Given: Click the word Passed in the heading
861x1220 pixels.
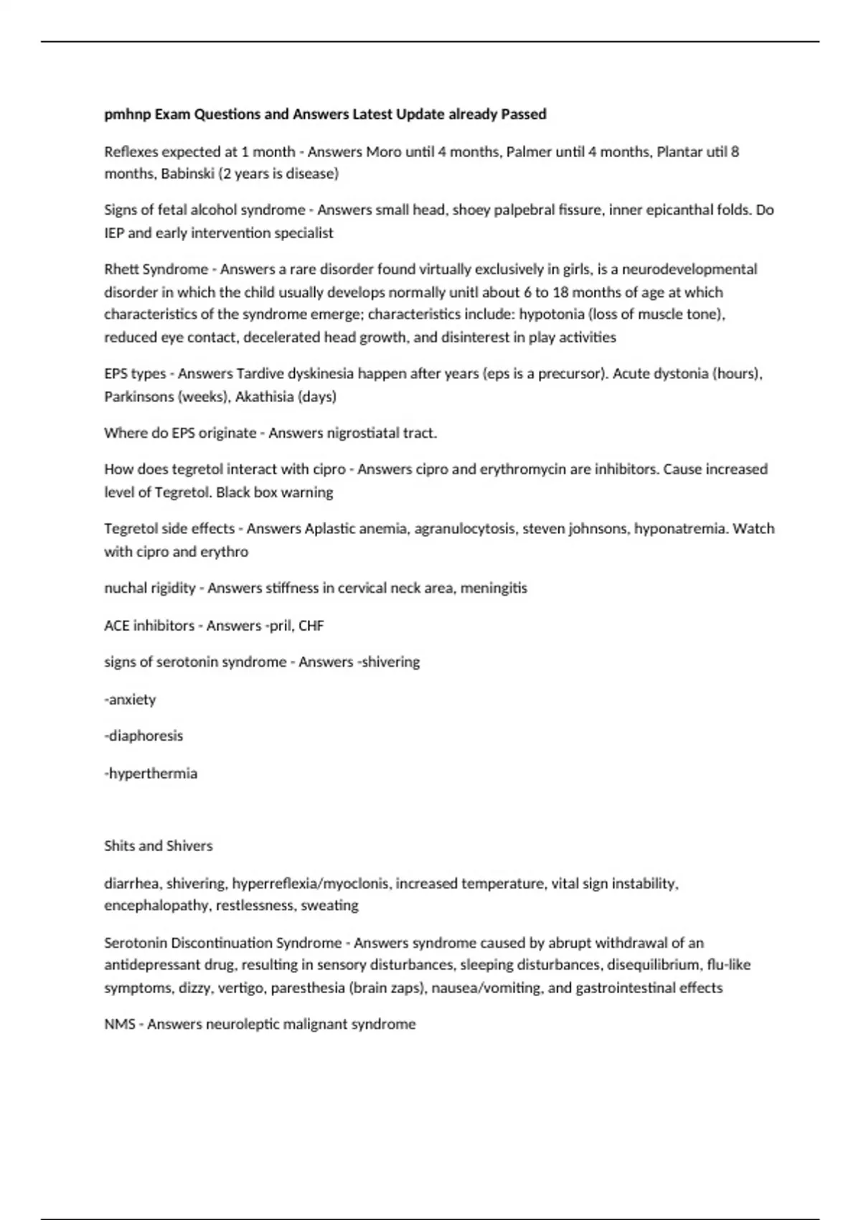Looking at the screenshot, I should (x=523, y=114).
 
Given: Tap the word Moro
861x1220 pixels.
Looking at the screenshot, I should (x=384, y=152).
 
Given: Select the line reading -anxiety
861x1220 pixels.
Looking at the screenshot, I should (x=130, y=700).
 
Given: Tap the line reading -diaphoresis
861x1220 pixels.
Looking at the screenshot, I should (x=143, y=736).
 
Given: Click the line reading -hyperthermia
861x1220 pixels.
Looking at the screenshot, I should (x=151, y=774).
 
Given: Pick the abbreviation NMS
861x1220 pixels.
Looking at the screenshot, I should (x=120, y=1025).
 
